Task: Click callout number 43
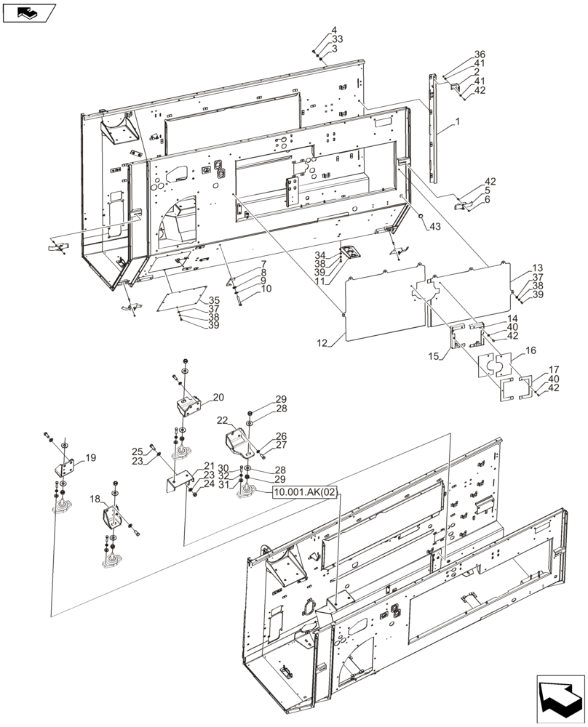(434, 227)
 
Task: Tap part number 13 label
(538, 268)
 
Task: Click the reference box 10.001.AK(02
(305, 493)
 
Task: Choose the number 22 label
(222, 421)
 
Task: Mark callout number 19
(91, 458)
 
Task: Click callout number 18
(95, 499)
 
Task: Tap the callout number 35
(214, 300)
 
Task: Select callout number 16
(531, 350)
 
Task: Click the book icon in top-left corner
(29, 12)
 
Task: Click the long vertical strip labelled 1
(434, 131)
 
